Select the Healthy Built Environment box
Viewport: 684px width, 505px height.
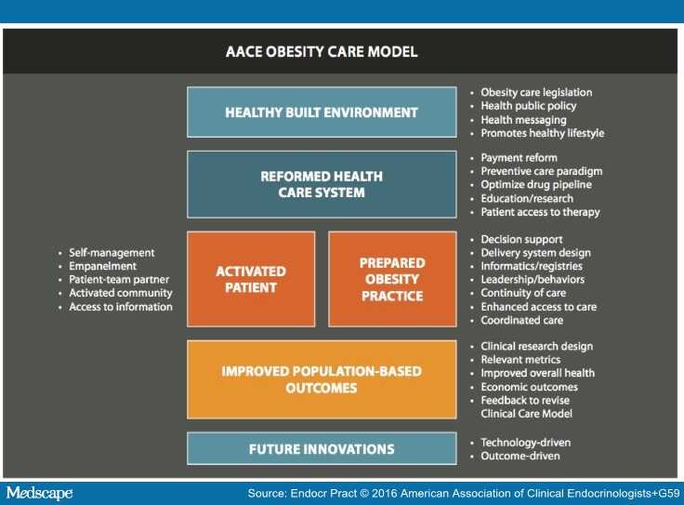pos(322,113)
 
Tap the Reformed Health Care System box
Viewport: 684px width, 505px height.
pos(322,184)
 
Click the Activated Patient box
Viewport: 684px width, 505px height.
pos(251,279)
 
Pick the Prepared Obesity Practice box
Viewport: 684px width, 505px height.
pos(391,279)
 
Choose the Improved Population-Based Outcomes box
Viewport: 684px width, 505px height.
pos(322,379)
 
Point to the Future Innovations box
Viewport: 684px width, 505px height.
pos(322,449)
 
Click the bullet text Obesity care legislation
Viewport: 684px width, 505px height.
pos(536,93)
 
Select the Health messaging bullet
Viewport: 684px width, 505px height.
pos(522,120)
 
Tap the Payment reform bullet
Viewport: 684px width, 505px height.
pos(519,158)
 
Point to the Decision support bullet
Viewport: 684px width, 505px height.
pos(521,239)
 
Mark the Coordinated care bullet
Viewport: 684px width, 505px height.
pos(521,320)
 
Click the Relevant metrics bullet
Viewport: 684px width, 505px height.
pos(520,360)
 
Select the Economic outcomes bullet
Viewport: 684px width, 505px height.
pos(529,387)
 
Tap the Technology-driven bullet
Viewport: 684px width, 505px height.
pos(525,443)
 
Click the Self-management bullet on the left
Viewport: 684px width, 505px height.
pos(112,253)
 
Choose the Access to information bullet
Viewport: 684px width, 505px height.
pos(121,307)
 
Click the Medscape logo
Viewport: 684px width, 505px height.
pos(39,492)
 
